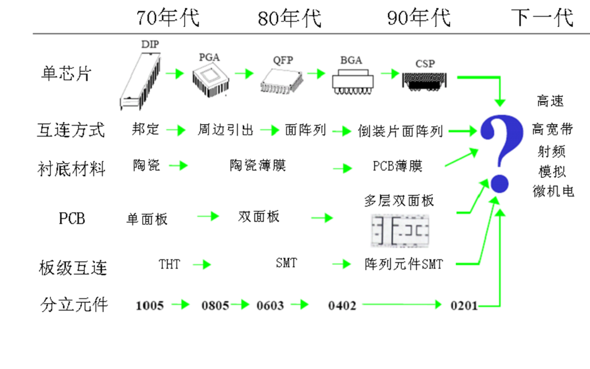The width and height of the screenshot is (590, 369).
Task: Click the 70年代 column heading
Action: (x=167, y=18)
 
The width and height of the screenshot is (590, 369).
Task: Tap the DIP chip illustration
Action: (x=141, y=78)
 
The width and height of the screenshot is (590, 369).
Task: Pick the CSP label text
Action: (x=425, y=64)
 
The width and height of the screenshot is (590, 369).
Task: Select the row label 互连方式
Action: (x=71, y=130)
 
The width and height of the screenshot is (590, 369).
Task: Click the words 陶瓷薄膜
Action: (x=257, y=166)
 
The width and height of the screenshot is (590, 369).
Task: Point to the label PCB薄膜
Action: (x=397, y=166)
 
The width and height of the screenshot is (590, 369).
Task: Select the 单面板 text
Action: (x=147, y=219)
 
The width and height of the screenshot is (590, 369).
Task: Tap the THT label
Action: (x=169, y=264)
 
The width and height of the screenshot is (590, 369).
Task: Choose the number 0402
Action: (x=342, y=305)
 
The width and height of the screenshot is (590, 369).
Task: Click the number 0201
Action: (x=464, y=305)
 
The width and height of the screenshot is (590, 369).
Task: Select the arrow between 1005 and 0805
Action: (x=181, y=305)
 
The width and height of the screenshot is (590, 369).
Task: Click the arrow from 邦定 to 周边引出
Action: (x=177, y=131)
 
